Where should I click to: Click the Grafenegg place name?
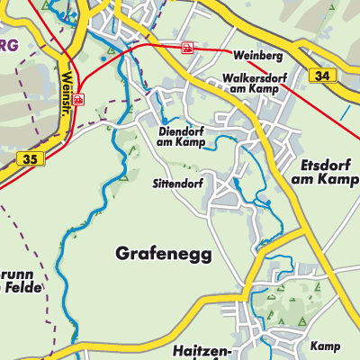[164, 255]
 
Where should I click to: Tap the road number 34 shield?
[322, 77]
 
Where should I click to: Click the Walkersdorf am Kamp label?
[245, 84]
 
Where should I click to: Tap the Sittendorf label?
[176, 184]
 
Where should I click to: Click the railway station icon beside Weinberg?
[187, 48]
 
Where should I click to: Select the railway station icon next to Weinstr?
[78, 99]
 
